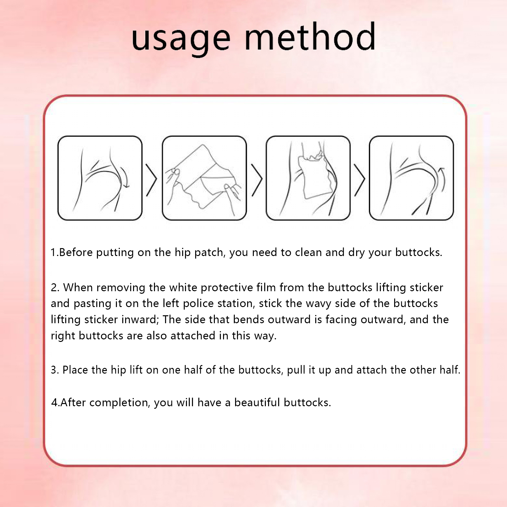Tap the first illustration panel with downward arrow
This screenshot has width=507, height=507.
click(x=100, y=178)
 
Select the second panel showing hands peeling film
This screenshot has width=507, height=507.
click(x=204, y=178)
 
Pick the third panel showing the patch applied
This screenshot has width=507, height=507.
click(x=308, y=178)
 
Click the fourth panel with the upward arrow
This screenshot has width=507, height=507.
click(x=412, y=178)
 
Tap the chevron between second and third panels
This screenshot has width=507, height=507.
click(x=257, y=180)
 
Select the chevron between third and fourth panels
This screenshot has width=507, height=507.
click(x=360, y=180)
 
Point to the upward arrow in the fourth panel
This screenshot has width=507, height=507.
click(x=442, y=179)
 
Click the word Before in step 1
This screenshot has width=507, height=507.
click(x=76, y=252)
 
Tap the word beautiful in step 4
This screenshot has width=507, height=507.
click(x=257, y=402)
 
